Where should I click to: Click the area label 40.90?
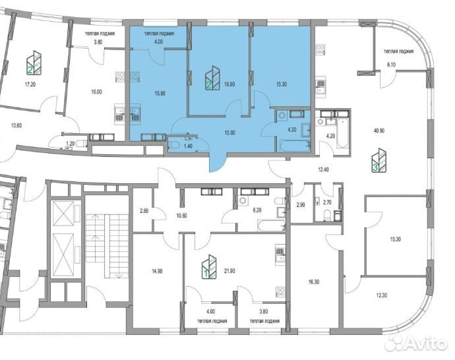click(x=379, y=131)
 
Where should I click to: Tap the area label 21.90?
click(x=229, y=271)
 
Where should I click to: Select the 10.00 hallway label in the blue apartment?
click(x=229, y=133)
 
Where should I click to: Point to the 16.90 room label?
click(x=229, y=84)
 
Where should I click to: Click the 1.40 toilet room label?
click(x=189, y=146)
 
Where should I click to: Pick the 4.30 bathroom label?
click(x=291, y=130)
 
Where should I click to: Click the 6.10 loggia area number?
click(x=392, y=65)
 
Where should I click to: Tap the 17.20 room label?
click(x=30, y=84)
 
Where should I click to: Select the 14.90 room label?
click(x=157, y=271)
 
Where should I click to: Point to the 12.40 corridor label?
click(x=323, y=169)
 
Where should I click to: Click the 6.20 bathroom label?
click(x=257, y=210)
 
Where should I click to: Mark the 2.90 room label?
click(x=301, y=204)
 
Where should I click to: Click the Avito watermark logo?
click(x=415, y=344)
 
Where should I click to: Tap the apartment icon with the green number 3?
click(x=379, y=160)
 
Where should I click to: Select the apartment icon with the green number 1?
click(x=209, y=266)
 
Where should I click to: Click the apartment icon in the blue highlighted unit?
click(x=212, y=78)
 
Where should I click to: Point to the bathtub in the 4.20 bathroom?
click(x=342, y=133)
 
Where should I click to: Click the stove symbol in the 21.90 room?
click(x=280, y=292)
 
